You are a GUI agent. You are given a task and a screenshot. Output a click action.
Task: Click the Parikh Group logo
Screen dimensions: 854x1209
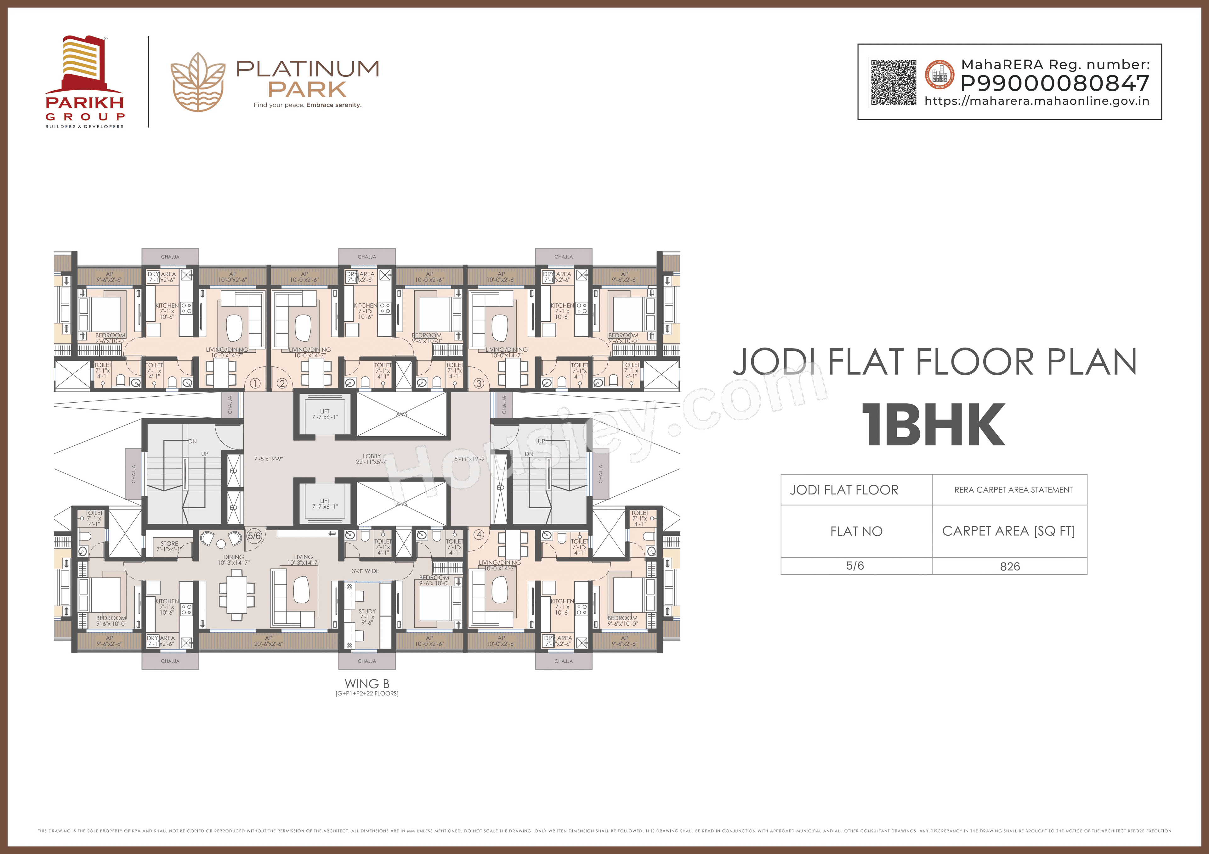point(84,81)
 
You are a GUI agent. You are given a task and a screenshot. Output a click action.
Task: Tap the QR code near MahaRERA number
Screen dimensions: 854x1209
point(893,82)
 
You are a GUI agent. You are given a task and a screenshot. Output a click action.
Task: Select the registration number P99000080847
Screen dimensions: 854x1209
point(1055,83)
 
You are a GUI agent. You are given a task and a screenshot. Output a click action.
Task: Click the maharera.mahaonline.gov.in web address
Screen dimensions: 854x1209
point(1037,101)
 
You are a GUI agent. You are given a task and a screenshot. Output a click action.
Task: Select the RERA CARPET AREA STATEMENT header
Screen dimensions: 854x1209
point(1013,490)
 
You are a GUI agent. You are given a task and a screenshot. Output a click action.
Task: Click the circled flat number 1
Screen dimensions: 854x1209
point(255,383)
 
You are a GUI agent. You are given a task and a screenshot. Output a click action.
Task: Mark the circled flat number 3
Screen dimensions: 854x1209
point(479,383)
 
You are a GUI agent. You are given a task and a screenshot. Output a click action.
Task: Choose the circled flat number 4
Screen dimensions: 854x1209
point(479,535)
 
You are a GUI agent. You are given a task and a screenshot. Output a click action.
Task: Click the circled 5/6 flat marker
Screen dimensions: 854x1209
point(254,536)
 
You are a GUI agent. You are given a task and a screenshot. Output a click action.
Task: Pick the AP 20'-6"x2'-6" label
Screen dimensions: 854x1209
point(269,641)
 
